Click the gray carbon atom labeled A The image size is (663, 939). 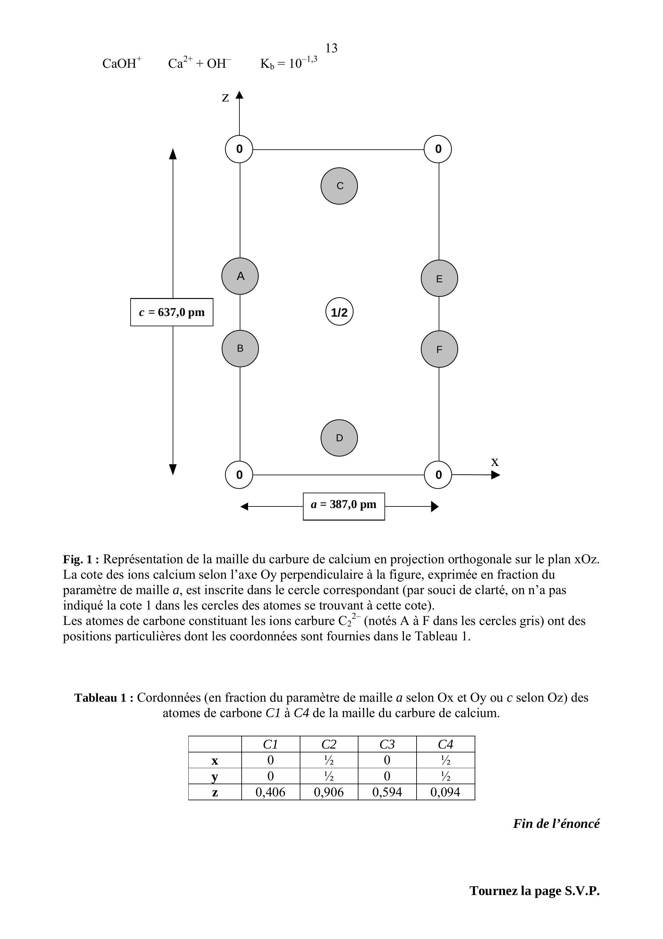240,276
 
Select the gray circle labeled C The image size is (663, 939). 339,186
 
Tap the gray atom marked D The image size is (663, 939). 339,438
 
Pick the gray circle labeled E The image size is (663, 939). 439,278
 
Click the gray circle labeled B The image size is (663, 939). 240,348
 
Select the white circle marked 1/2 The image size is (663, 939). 339,312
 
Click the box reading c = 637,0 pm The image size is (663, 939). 172,312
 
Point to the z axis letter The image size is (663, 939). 225,98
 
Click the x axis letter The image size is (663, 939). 495,462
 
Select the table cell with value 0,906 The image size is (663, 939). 329,792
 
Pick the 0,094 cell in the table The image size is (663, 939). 445,792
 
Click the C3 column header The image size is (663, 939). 387,744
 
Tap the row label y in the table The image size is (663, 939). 215,776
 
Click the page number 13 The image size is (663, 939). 331,48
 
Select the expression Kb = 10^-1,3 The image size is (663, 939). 288,63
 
